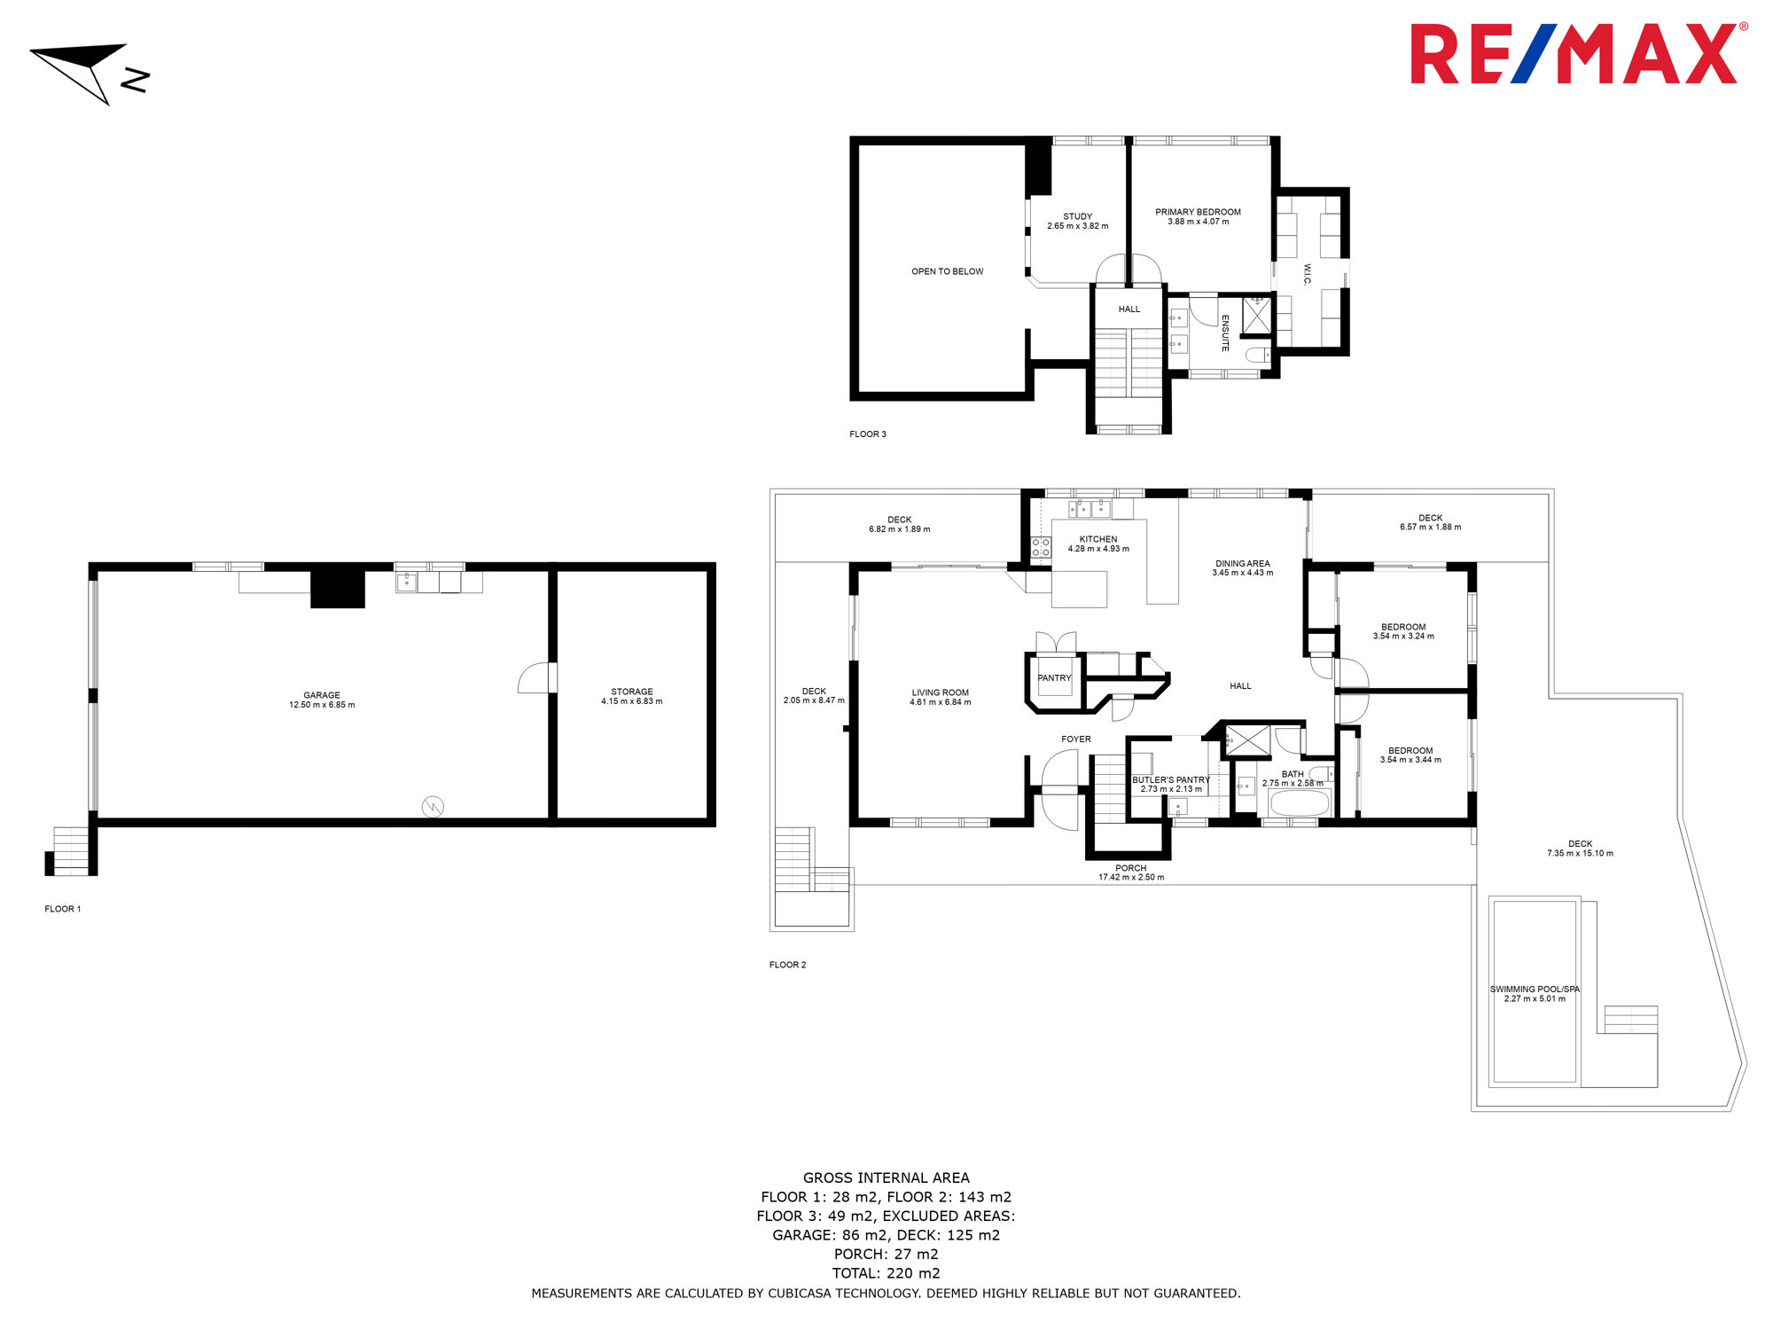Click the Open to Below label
[948, 271]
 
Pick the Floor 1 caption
[63, 909]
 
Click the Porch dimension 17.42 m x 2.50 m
[1131, 878]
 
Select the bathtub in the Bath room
[1300, 803]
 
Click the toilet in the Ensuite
[1257, 356]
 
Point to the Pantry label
[1055, 678]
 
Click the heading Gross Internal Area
[886, 1177]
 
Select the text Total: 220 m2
[886, 1273]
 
